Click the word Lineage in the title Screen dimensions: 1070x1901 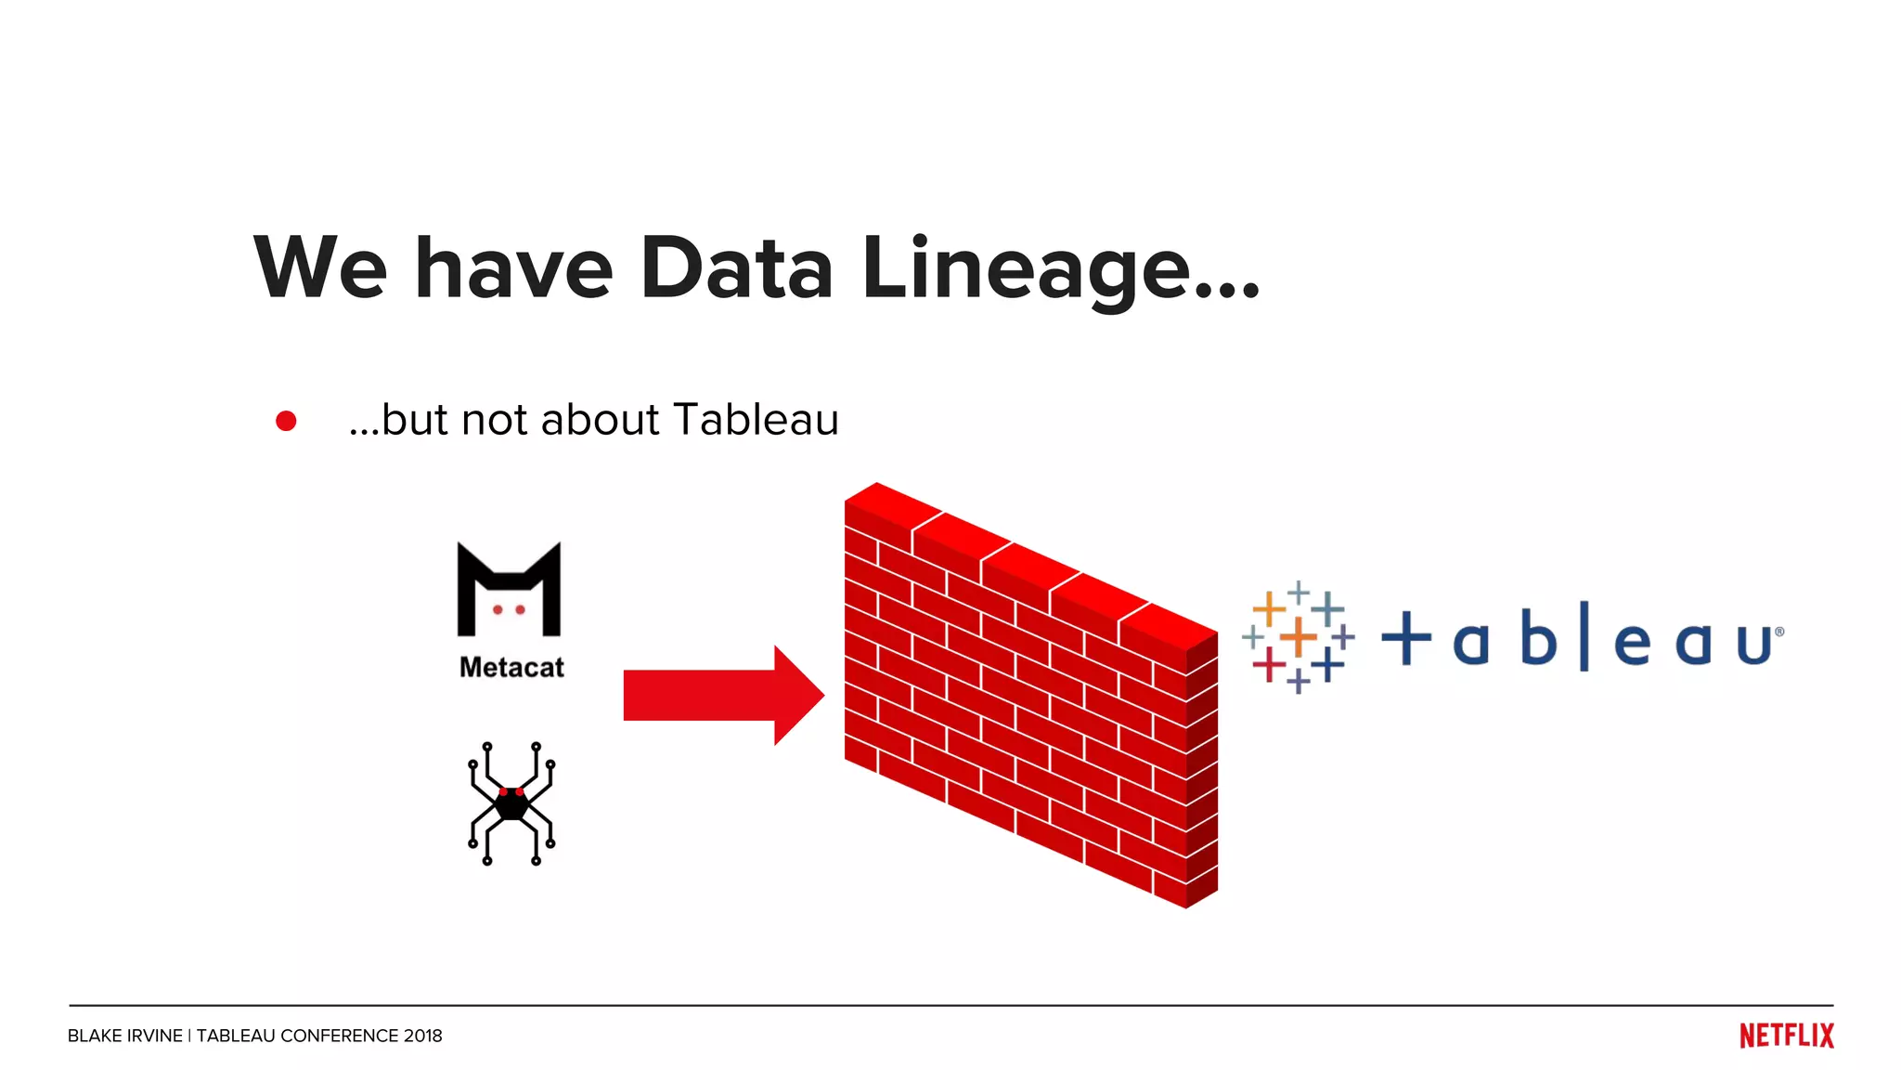pos(1026,269)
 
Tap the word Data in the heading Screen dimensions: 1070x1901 pos(736,269)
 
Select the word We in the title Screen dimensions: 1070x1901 pos(320,269)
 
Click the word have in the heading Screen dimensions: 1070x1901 pos(513,269)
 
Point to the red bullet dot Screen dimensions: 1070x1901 pos(286,422)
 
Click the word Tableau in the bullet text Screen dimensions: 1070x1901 pos(756,420)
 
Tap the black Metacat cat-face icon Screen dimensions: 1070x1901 pos(509,590)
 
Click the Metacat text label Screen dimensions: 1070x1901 pos(511,667)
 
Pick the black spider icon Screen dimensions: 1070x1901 pos(511,803)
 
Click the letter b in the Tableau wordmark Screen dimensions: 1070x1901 pos(1538,637)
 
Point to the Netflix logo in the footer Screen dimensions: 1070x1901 pos(1786,1036)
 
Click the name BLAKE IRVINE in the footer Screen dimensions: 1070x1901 pos(125,1036)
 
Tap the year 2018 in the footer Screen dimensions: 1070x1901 pos(422,1036)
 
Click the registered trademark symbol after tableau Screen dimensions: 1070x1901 pos(1778,632)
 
